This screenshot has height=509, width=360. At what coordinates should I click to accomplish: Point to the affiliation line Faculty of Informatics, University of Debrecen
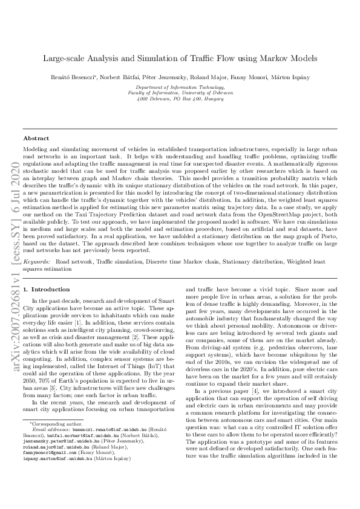tap(180, 94)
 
